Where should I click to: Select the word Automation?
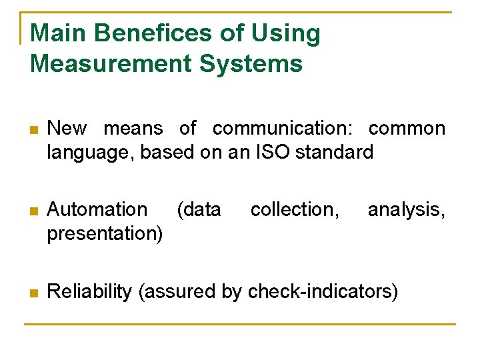coord(97,209)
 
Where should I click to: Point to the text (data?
coord(199,209)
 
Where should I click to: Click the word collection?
coord(295,209)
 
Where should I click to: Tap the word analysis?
coord(406,209)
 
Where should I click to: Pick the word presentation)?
coord(105,233)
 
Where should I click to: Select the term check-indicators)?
coord(323,291)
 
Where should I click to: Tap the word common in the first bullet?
coord(407,128)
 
